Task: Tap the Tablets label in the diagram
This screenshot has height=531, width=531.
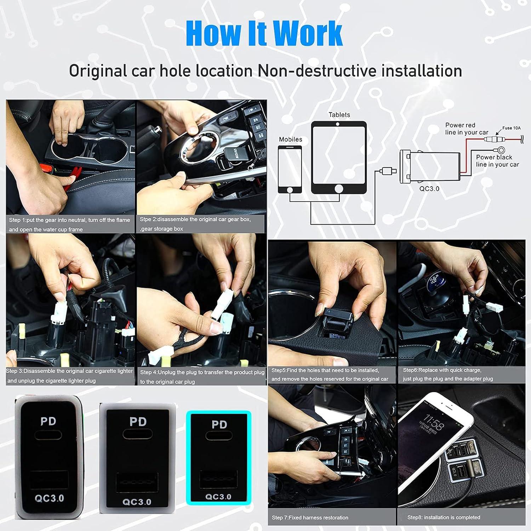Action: pyautogui.click(x=339, y=115)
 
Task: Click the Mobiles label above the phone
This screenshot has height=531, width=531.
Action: pyautogui.click(x=290, y=139)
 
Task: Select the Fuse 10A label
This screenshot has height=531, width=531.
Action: pyautogui.click(x=511, y=128)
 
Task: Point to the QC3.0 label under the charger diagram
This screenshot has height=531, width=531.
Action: pyautogui.click(x=429, y=189)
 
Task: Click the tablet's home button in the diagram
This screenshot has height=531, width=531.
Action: pyautogui.click(x=339, y=189)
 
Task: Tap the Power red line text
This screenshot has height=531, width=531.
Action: pyautogui.click(x=466, y=129)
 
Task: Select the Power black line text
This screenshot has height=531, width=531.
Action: pyautogui.click(x=497, y=161)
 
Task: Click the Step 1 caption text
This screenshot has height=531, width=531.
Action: pyautogui.click(x=69, y=224)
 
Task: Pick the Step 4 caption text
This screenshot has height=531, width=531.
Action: pyautogui.click(x=202, y=377)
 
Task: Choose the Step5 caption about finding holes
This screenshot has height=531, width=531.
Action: pyautogui.click(x=329, y=375)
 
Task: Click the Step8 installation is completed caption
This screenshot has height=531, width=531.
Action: pyautogui.click(x=444, y=517)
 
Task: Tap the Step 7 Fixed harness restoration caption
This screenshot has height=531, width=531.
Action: pyautogui.click(x=310, y=517)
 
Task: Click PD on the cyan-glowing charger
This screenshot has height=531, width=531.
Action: pyautogui.click(x=219, y=424)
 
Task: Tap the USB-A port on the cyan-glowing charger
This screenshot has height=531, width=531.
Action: pyautogui.click(x=218, y=480)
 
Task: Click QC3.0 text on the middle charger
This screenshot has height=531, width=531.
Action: pyautogui.click(x=137, y=502)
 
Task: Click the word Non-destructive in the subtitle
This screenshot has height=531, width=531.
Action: pyautogui.click(x=317, y=71)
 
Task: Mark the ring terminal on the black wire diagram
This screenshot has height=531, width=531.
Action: pyautogui.click(x=501, y=150)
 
